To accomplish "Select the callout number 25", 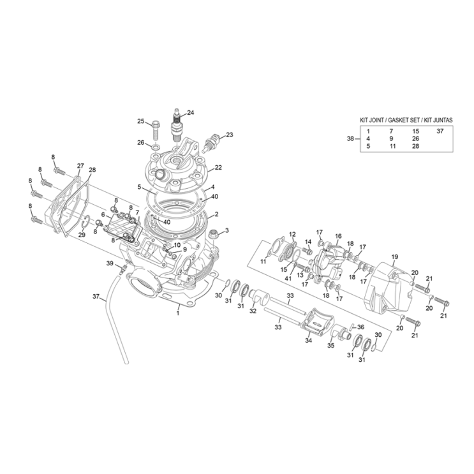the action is [x=141, y=121].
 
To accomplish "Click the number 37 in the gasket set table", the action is [x=440, y=131].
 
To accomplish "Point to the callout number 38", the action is [x=350, y=138].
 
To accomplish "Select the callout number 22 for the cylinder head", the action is [x=218, y=168].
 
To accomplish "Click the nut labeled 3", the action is [x=214, y=233].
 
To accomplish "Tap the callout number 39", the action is [x=110, y=263].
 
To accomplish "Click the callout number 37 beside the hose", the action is [x=96, y=297].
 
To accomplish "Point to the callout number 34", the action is [x=308, y=341].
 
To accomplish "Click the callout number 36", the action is [x=360, y=327].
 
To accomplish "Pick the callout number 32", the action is [x=253, y=311].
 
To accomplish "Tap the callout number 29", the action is [x=82, y=235].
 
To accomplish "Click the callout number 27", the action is [x=80, y=166].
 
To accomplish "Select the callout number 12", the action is [x=292, y=234].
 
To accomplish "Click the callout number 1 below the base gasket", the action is [x=178, y=313].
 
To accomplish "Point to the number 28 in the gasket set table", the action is [x=416, y=146].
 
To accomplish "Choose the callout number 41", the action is [x=288, y=278].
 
